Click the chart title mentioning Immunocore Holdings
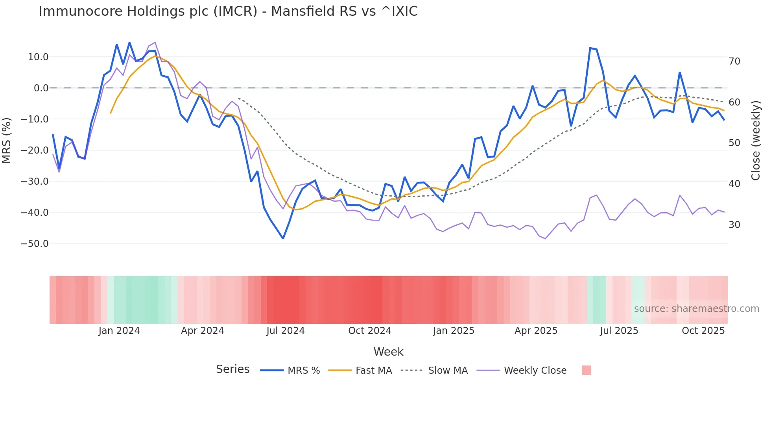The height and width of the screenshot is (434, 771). (x=228, y=11)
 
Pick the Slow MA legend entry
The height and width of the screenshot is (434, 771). (x=434, y=371)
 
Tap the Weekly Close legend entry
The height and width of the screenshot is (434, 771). (x=522, y=371)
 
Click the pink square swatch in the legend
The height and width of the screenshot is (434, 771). (x=586, y=371)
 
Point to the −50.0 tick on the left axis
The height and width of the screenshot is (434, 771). (x=35, y=244)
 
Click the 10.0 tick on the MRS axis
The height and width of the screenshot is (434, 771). (x=38, y=57)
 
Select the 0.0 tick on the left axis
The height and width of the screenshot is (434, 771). (x=41, y=88)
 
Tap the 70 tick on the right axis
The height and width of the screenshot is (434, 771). (x=734, y=61)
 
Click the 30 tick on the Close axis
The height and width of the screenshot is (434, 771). (x=734, y=225)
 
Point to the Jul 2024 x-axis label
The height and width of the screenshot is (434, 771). (x=286, y=331)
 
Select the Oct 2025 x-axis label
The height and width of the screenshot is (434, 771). (x=703, y=331)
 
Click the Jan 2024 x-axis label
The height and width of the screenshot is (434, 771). (x=119, y=331)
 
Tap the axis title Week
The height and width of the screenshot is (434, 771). (x=388, y=352)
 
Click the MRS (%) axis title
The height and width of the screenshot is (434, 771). (x=7, y=140)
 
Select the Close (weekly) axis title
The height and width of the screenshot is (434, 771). (x=756, y=141)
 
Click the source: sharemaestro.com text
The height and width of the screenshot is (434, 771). (x=696, y=309)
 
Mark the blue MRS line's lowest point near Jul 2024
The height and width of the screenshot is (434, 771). (x=283, y=238)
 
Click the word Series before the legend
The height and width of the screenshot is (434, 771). (x=232, y=369)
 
